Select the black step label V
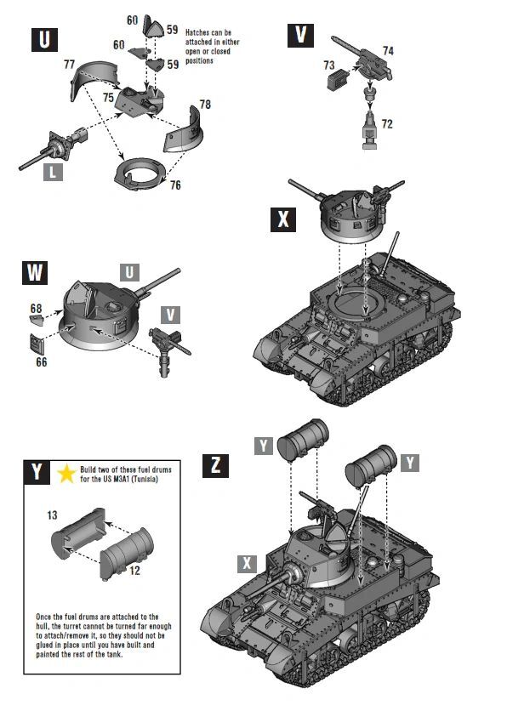[x=300, y=35]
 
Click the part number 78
[x=205, y=104]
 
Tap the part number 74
[x=387, y=51]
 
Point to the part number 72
[x=387, y=123]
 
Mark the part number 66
[x=41, y=361]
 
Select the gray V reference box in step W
[x=172, y=315]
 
